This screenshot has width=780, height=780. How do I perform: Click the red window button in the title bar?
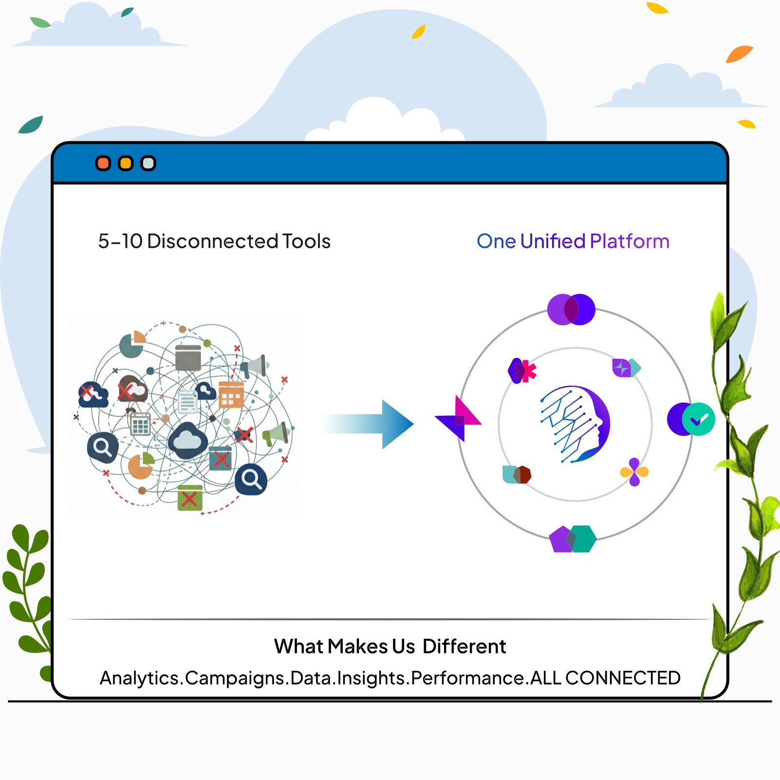(x=103, y=163)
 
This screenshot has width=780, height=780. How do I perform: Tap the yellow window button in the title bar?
(x=126, y=163)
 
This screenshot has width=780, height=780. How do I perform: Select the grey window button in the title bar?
(x=148, y=163)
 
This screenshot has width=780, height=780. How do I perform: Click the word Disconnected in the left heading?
(x=212, y=241)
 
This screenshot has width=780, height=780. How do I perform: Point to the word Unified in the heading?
(x=553, y=241)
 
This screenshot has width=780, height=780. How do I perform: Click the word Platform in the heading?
(x=630, y=241)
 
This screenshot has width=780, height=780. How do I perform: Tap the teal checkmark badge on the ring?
(x=698, y=419)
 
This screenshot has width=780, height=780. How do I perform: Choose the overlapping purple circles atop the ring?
(x=571, y=309)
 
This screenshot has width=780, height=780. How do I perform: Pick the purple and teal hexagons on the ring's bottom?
(x=573, y=539)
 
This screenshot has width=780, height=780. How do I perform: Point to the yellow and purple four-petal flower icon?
(x=634, y=472)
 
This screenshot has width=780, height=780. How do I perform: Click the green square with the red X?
(x=189, y=498)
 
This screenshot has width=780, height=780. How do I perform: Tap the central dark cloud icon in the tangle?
(x=188, y=441)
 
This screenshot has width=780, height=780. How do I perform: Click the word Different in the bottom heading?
(x=464, y=647)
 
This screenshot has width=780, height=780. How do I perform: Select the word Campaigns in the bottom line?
(x=236, y=678)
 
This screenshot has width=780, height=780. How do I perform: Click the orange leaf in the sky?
(x=739, y=54)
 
